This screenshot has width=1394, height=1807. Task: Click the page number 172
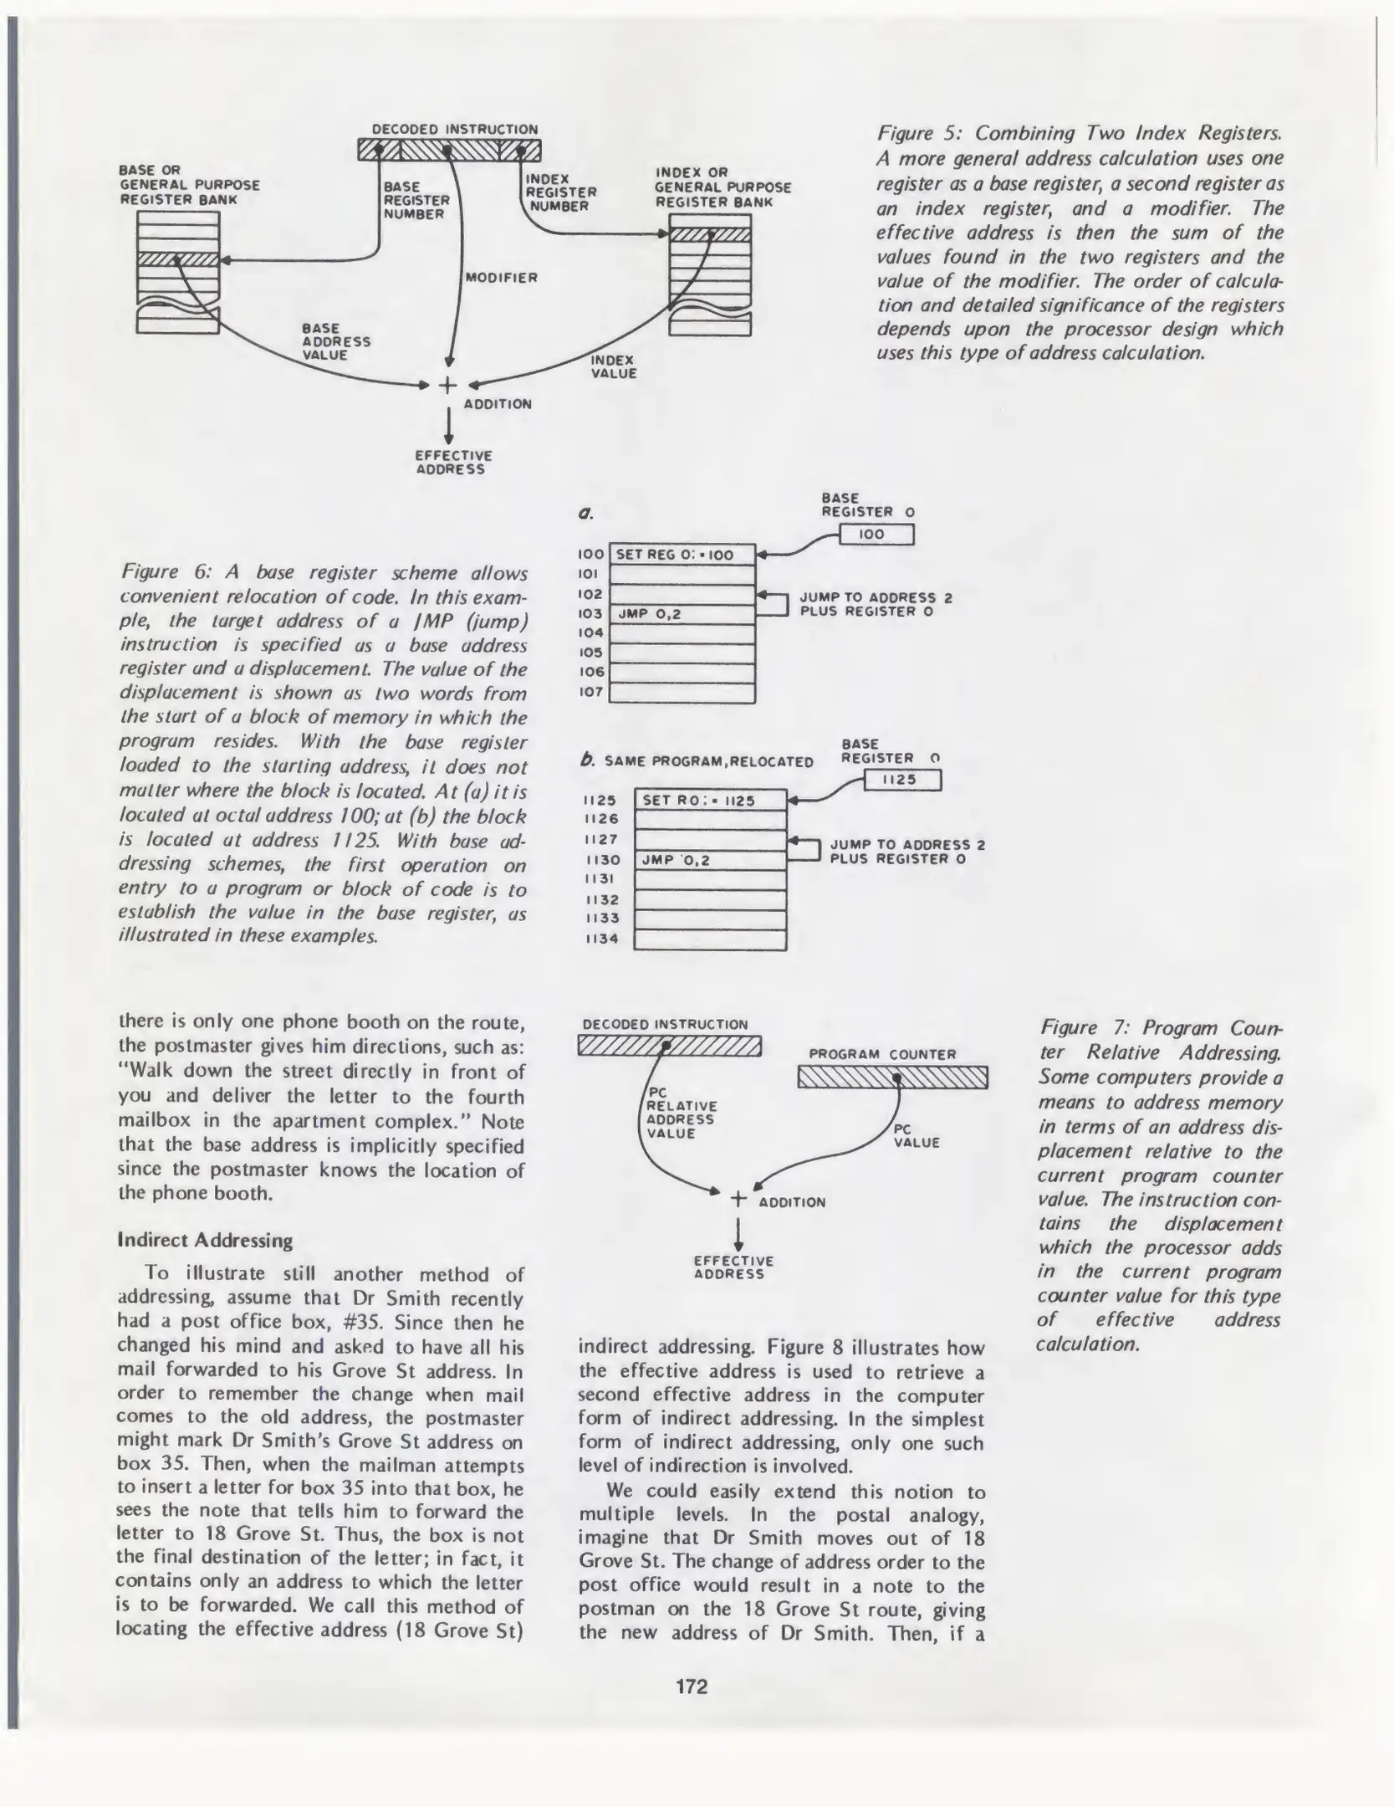(692, 1687)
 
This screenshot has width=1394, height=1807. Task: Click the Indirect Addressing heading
(206, 1240)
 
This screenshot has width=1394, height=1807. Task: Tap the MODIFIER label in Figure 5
(501, 278)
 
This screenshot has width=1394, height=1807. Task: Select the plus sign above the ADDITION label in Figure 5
(448, 385)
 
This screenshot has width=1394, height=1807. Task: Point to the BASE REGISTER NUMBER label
(416, 201)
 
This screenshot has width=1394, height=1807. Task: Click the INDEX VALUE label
(614, 366)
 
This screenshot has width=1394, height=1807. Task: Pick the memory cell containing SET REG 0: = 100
(682, 555)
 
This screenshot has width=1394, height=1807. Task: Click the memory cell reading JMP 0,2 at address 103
(682, 614)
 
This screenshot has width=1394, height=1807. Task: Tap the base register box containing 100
(876, 534)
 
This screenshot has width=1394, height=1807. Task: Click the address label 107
(591, 693)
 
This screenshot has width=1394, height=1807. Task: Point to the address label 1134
(601, 939)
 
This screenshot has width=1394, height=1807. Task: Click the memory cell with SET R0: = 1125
(711, 801)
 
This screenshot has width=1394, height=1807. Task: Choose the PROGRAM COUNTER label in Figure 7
(882, 1054)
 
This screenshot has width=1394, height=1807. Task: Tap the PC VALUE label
(917, 1135)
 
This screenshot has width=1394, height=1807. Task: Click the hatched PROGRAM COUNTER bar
(893, 1078)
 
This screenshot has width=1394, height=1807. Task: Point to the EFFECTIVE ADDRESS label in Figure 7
(733, 1267)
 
